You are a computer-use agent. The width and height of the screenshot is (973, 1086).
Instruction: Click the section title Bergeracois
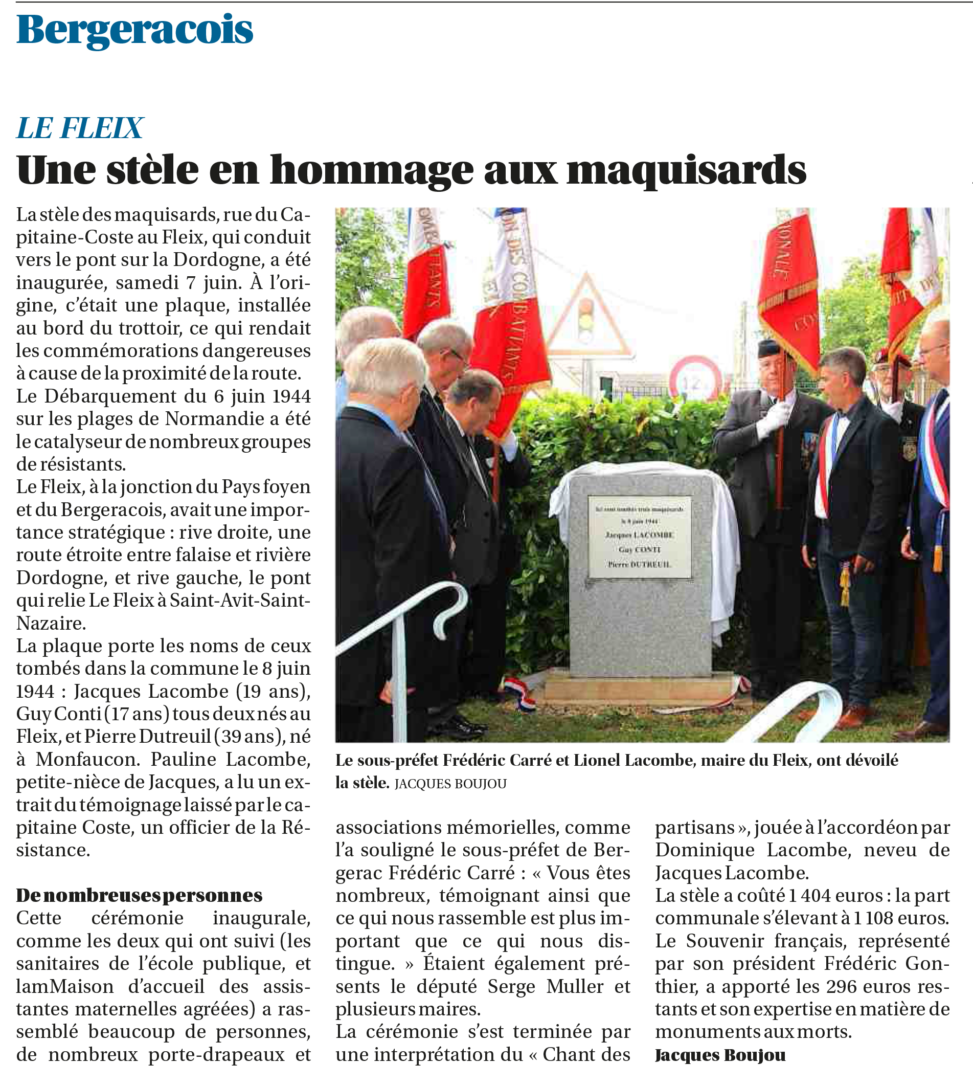tap(134, 30)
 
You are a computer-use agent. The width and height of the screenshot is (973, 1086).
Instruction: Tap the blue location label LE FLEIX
tap(80, 128)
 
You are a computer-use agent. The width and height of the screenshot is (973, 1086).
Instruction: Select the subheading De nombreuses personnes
tap(139, 895)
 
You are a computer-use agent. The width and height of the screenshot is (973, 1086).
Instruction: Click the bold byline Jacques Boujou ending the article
tap(720, 1055)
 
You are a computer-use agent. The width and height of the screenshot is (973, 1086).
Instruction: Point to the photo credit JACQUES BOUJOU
tap(450, 784)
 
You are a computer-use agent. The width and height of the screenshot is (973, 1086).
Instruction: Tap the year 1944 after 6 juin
tap(291, 396)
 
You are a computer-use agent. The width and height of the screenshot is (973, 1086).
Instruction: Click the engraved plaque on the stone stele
tap(640, 536)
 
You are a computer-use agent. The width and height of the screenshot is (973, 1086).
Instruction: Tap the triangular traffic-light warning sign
tap(586, 317)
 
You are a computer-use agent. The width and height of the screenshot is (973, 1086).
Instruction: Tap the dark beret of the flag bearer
tap(769, 348)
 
